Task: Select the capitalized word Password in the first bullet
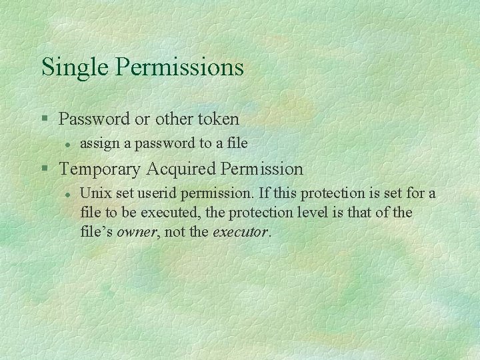coord(94,119)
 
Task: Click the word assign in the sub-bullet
coord(97,143)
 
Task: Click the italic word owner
coord(137,233)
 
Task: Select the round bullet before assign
coord(67,143)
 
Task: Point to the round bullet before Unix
coord(67,194)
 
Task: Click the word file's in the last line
coord(96,233)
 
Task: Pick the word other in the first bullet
coord(173,119)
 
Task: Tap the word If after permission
coord(264,193)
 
